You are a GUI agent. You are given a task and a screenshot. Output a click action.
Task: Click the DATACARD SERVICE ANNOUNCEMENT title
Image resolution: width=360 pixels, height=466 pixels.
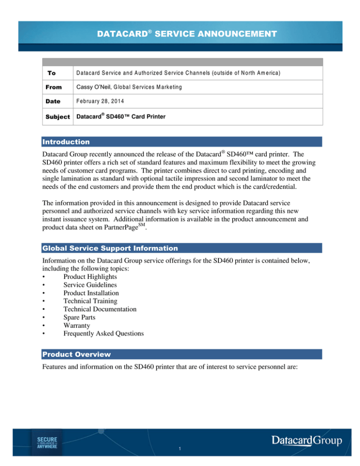coord(180,34)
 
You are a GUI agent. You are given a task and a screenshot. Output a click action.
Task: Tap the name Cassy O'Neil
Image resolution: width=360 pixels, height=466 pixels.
coord(93,87)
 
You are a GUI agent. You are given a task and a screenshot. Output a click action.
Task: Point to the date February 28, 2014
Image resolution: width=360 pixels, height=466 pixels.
coord(97,101)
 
